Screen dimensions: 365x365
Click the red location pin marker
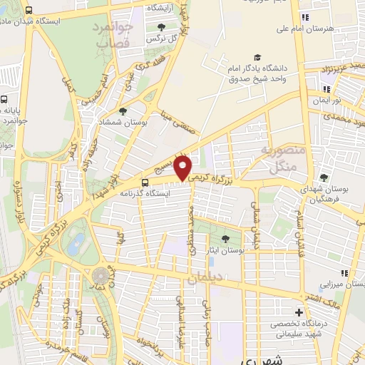pyautogui.click(x=184, y=168)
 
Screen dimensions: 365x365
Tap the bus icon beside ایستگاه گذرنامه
pyautogui.click(x=145, y=182)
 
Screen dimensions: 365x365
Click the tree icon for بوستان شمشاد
pyautogui.click(x=123, y=111)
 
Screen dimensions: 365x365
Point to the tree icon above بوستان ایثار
pyautogui.click(x=226, y=239)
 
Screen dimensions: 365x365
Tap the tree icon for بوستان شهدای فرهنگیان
pyautogui.click(x=324, y=177)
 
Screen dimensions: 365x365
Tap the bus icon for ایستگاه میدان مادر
pyautogui.click(x=29, y=11)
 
